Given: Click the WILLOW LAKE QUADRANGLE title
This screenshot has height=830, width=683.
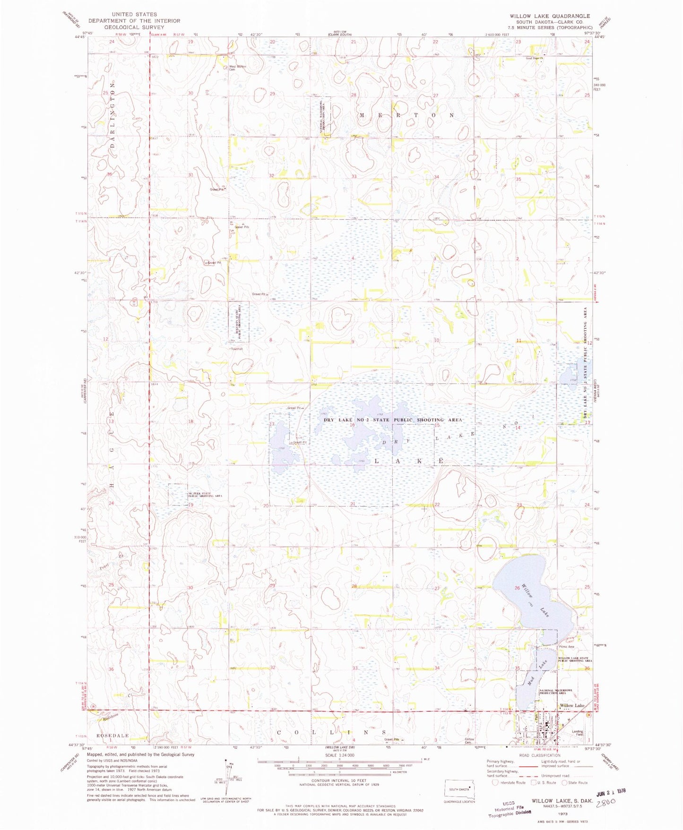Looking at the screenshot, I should pyautogui.click(x=550, y=16).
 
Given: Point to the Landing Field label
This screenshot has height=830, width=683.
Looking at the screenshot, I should pyautogui.click(x=577, y=733).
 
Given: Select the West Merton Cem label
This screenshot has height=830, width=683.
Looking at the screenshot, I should pyautogui.click(x=238, y=68).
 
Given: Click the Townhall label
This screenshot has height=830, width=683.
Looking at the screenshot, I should pyautogui.click(x=236, y=349).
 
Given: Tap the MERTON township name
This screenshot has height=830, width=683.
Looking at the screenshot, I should pyautogui.click(x=406, y=115).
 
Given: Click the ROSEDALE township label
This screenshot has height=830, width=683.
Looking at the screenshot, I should pyautogui.click(x=112, y=736).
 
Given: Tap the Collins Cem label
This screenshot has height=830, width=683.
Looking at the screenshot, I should pyautogui.click(x=469, y=740).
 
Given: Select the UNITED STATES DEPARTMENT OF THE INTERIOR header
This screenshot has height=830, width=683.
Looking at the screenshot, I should pyautogui.click(x=134, y=21).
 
